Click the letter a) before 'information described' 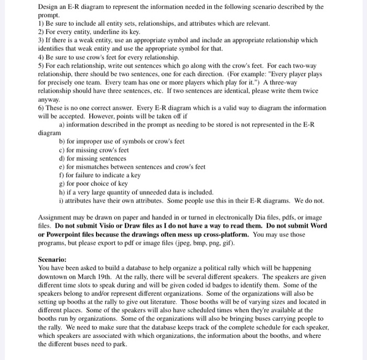pos(62,125)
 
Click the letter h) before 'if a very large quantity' pos(62,192)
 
